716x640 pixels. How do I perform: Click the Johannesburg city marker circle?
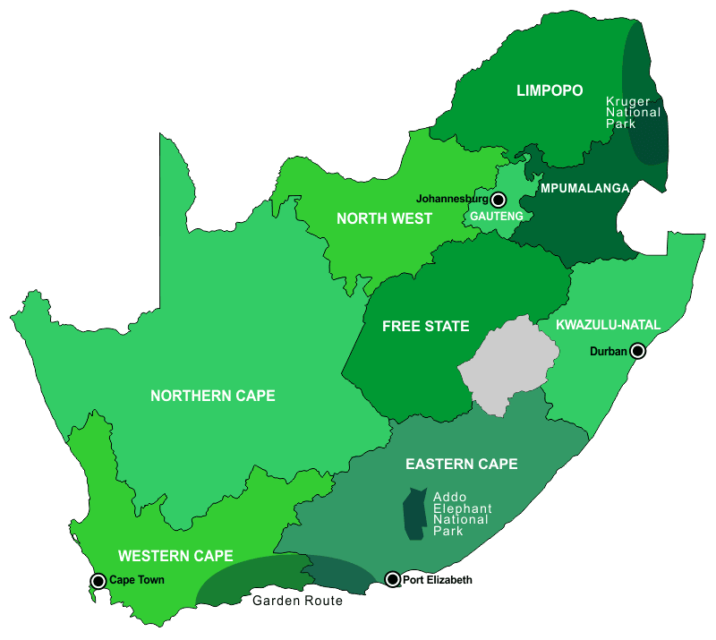coord(499,200)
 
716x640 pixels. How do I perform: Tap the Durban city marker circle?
coord(638,352)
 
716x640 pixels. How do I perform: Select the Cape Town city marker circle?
coord(98,581)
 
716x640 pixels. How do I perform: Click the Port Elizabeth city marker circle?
coord(392,580)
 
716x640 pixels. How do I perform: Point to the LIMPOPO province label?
coord(550,90)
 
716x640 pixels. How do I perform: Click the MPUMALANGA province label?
coord(584,188)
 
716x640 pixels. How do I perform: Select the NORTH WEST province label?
coord(384,218)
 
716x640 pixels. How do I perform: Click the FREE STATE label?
coord(425,326)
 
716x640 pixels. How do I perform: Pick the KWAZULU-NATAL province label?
coord(607,324)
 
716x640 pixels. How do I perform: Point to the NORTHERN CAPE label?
coord(212,396)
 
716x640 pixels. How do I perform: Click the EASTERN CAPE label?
coord(461,464)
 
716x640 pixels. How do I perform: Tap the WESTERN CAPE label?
coord(175,555)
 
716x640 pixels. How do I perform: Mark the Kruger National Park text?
coord(633,113)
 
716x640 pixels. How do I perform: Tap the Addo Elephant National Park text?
coord(462,514)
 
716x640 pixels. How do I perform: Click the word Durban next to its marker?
coord(609,352)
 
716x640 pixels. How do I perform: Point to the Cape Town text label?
coord(137,581)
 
